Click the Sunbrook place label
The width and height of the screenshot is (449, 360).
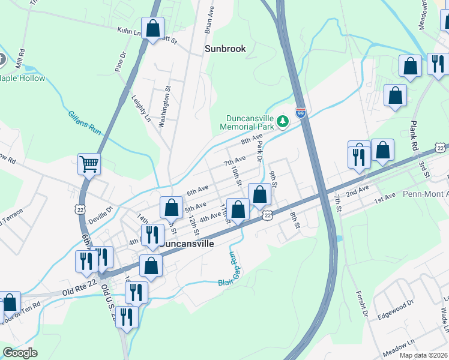click(225, 49)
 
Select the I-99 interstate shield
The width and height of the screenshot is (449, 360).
click(301, 112)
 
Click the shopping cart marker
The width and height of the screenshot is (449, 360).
click(89, 163)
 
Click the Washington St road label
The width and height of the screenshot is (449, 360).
click(162, 106)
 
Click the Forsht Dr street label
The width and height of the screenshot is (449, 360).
click(362, 299)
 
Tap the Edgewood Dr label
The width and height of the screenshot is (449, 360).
click(396, 313)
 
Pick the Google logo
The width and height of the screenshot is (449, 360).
click(20, 353)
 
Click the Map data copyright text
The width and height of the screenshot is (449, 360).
click(425, 355)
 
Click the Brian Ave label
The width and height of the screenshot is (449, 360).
click(209, 19)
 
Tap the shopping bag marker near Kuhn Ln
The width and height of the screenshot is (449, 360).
click(153, 28)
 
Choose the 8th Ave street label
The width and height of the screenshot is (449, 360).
click(252, 140)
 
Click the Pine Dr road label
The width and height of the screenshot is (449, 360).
click(121, 61)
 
